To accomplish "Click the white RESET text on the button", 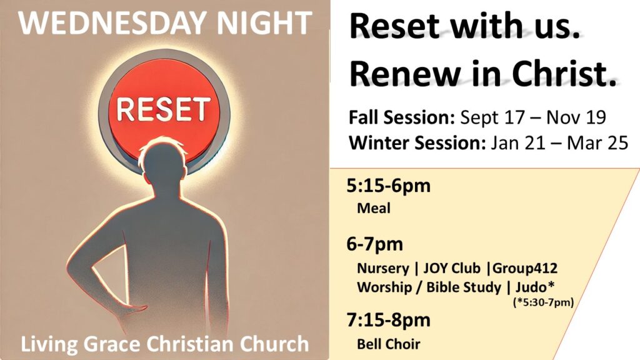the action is pos(164,109).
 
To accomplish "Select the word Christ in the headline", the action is pos(564,74).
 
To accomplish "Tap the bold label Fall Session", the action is pos(402,117).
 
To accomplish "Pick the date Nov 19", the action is pos(576,117).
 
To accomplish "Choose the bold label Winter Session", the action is pos(417,143).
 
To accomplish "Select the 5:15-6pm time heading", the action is pos(388,186).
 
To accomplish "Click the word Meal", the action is pos(374,208).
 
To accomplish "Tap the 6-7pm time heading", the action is pos(375,244).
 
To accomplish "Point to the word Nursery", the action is pos(383,269).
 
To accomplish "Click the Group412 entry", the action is pos(525,268).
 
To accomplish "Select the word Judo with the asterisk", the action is pos(535,287).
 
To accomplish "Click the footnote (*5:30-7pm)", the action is pos(543,302).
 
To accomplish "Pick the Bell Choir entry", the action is pos(388,344).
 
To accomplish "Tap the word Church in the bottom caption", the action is pos(274,344).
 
